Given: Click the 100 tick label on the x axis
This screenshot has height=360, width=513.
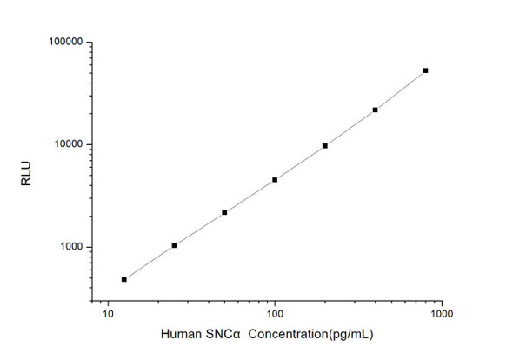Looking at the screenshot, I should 275,315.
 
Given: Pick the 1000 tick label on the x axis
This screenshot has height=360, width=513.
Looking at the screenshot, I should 441,315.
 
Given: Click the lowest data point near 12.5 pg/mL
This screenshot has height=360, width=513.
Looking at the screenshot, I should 124,279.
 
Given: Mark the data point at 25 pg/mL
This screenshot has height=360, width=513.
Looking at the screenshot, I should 175,245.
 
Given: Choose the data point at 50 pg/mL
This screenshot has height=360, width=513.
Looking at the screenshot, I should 224,212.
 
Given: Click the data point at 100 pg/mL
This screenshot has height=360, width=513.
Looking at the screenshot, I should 275,180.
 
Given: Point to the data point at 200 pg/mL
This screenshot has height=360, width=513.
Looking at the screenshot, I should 325,146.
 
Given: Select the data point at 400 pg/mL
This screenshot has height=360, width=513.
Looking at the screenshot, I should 375,110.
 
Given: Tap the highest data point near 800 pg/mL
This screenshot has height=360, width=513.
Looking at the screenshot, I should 425,70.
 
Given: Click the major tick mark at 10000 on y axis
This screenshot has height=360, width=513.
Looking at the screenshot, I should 93,144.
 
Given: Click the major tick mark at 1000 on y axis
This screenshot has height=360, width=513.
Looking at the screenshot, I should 93,247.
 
